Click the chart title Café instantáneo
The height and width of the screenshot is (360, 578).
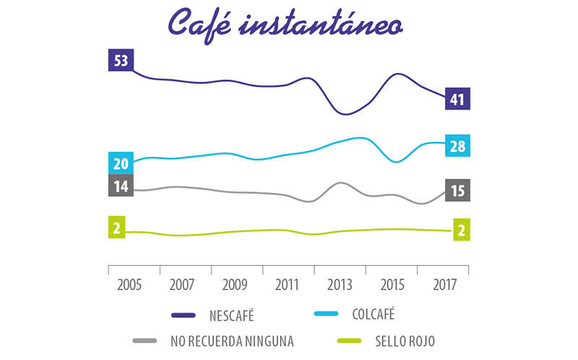285,23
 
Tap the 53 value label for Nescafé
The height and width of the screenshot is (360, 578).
120,60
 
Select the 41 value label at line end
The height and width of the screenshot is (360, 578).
457,99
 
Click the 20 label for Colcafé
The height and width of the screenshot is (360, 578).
120,163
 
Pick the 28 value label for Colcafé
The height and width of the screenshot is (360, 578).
457,147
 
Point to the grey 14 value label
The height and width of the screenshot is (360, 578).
120,186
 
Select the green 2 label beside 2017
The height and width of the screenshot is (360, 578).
460,229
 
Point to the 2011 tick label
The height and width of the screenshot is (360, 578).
288,283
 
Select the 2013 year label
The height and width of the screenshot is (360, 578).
340,283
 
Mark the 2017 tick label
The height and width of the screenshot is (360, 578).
444,283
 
